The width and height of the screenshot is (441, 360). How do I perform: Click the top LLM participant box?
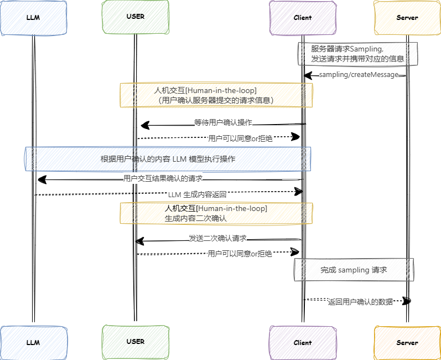coord(33,18)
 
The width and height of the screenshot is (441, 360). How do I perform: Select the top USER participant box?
coord(135,17)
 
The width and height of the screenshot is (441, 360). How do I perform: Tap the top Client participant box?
coord(303,18)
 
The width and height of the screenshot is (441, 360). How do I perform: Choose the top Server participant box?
coord(407,18)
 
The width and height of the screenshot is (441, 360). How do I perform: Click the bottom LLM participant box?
coord(33,342)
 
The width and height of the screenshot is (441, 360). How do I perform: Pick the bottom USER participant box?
coord(135,342)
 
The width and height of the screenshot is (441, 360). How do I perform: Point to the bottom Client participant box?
coord(303,342)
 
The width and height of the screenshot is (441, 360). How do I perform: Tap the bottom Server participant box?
coord(407,342)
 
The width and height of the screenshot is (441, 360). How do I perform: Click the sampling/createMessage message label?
coord(359,75)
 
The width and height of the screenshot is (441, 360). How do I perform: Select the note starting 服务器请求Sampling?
coord(357,54)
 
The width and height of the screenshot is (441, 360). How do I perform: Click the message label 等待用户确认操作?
coord(224,122)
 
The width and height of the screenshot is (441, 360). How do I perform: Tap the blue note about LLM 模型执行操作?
coord(168,159)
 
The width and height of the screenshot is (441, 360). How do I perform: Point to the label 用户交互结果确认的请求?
coord(163,178)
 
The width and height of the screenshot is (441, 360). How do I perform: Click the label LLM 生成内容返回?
coord(197,194)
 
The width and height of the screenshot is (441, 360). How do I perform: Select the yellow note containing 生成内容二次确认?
coord(216,213)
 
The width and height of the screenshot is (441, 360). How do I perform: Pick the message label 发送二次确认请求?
coord(217,238)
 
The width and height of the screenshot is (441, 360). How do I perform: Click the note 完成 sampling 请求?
coord(354,270)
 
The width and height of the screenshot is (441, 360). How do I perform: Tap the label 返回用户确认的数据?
coord(360,302)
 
